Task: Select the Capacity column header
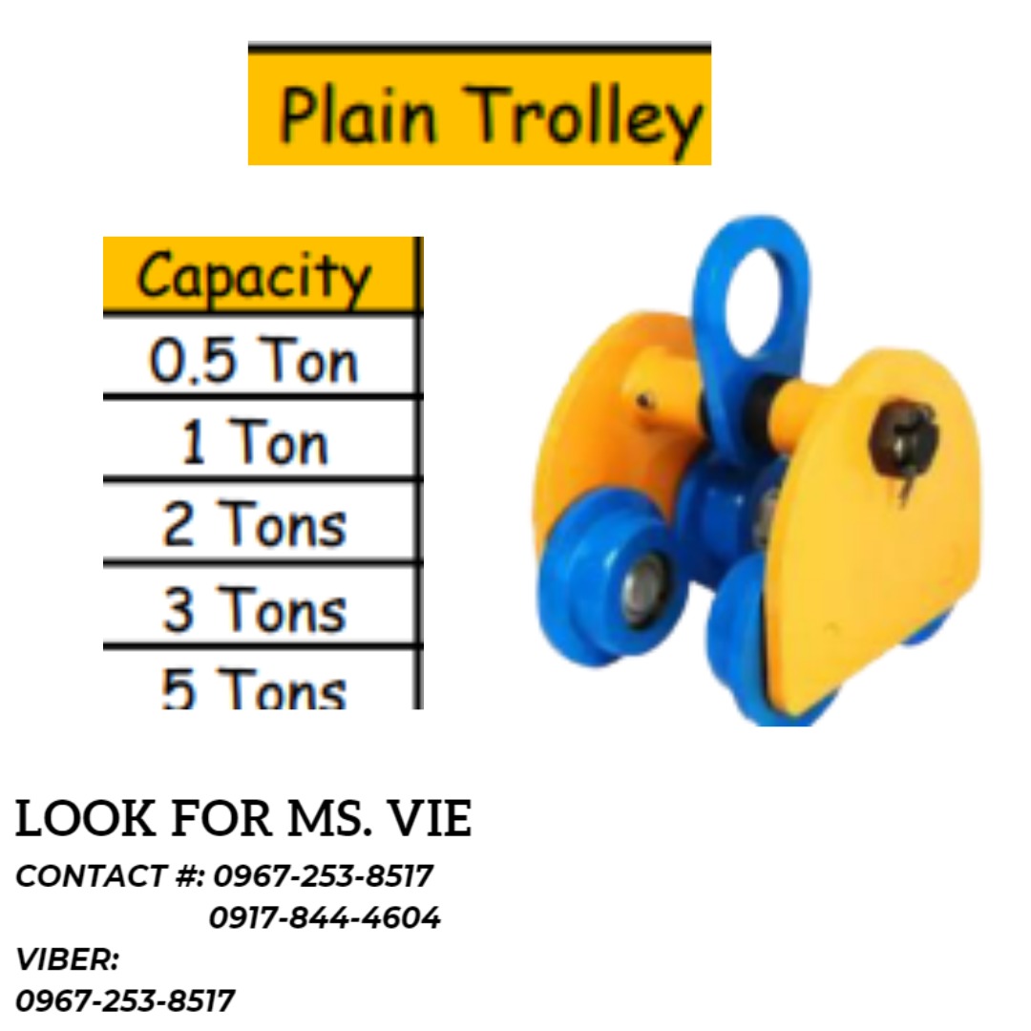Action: coord(254,276)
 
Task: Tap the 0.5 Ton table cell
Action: coord(254,361)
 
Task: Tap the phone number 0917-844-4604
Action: coord(325,918)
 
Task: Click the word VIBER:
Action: coord(67,959)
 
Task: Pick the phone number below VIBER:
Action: coord(125,1000)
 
